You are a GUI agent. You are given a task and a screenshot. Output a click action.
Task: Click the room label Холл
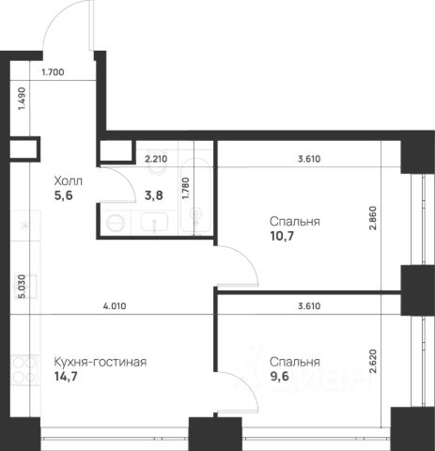click(69, 181)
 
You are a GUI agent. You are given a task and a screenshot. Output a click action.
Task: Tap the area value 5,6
click(64, 195)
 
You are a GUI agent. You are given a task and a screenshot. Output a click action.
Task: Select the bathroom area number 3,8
click(154, 195)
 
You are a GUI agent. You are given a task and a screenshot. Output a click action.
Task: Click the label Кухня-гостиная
click(101, 362)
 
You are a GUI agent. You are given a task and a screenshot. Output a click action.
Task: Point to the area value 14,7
click(66, 376)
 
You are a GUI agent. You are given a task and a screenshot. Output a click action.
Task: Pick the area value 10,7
click(282, 236)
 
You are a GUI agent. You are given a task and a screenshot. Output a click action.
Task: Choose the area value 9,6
click(279, 376)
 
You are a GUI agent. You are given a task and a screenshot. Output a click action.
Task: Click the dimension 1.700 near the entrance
click(53, 72)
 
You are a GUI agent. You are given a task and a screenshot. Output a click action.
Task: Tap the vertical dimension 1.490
click(22, 99)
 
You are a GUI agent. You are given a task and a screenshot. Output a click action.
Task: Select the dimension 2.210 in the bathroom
click(156, 159)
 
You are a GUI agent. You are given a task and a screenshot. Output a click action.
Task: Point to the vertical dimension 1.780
click(186, 188)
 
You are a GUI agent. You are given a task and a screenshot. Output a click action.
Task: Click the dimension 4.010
click(115, 306)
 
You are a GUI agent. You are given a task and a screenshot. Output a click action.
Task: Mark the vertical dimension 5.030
click(22, 286)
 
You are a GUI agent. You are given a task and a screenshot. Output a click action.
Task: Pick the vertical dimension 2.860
click(372, 218)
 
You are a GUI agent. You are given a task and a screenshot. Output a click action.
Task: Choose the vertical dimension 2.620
click(372, 362)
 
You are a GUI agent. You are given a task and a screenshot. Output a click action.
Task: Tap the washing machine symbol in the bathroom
click(116, 223)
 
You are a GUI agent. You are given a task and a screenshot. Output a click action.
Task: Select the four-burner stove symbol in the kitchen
click(24, 370)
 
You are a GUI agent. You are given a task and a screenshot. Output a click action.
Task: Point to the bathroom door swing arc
click(126, 178)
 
